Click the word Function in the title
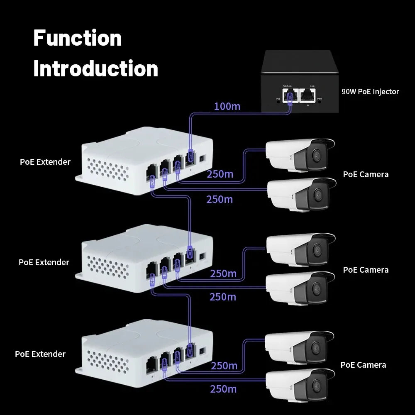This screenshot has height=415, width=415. [x=77, y=38]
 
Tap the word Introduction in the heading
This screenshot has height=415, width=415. [x=95, y=68]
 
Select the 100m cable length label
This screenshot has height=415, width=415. [x=227, y=106]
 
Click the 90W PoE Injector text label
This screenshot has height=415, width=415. [x=370, y=92]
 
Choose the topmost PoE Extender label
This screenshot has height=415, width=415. [x=45, y=162]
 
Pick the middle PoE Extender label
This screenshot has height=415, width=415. [x=44, y=262]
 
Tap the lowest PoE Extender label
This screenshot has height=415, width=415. [x=40, y=354]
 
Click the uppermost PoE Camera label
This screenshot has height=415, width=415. [x=366, y=174]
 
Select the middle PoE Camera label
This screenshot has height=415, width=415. [x=366, y=270]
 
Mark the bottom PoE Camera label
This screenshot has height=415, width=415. [x=363, y=365]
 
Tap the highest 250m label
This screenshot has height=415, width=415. [x=220, y=174]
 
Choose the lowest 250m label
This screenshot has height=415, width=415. [x=223, y=389]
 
